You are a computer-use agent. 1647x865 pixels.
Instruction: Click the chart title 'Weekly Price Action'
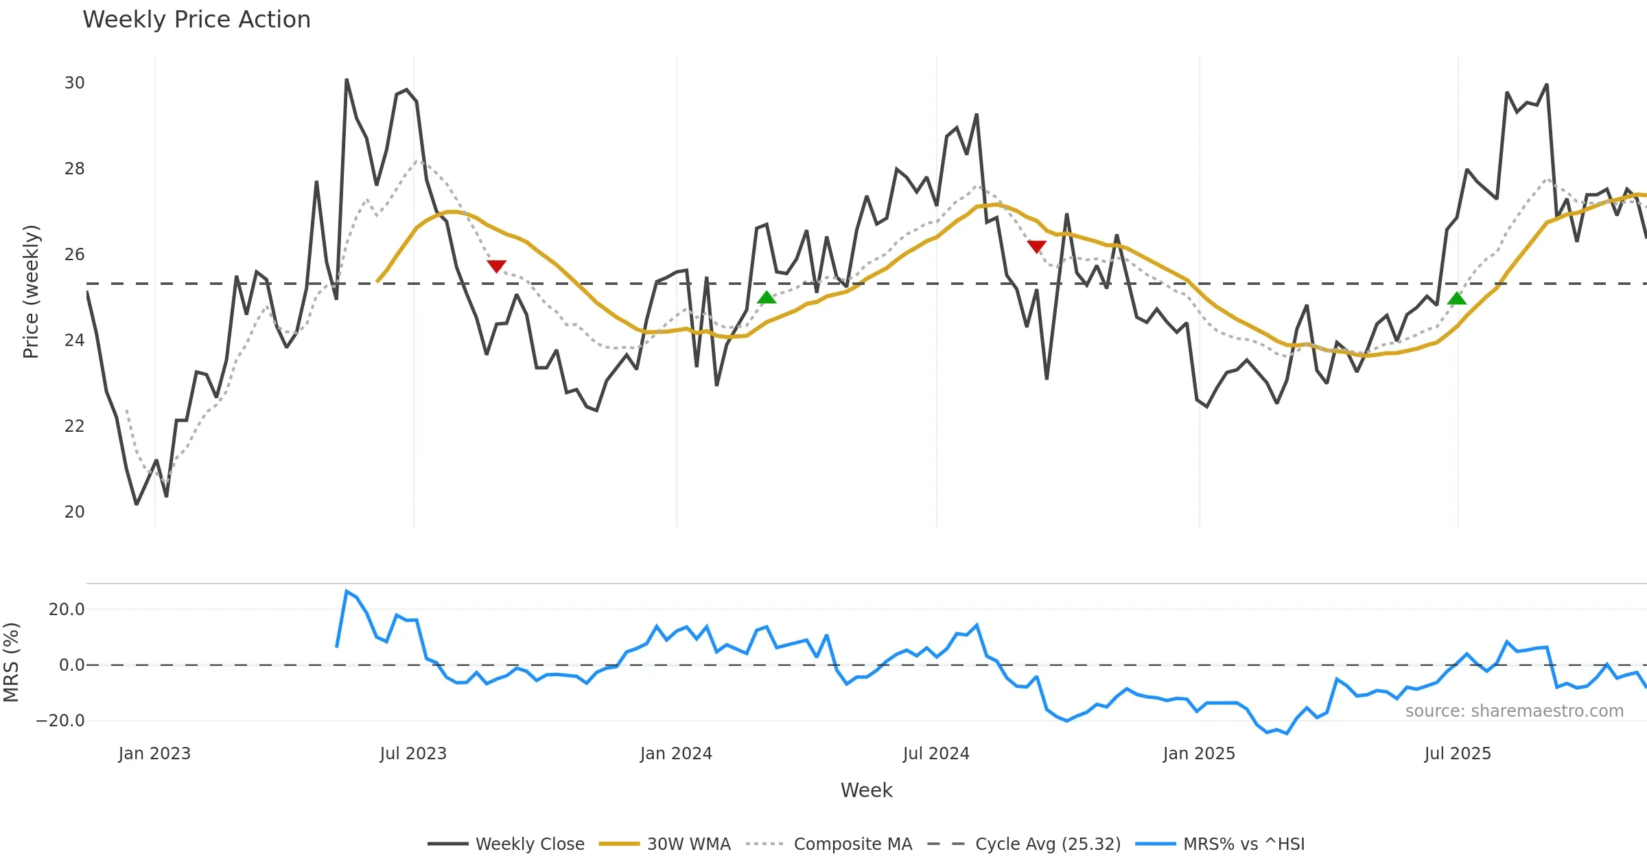pos(196,20)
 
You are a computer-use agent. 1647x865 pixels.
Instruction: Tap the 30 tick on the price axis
pos(74,83)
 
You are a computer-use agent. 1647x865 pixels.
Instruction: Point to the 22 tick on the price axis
pos(74,426)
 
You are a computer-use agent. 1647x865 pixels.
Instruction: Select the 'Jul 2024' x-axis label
pos(936,754)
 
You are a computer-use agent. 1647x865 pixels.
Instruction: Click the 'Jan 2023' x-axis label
pos(154,754)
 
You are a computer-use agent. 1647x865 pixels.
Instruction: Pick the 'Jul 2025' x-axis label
pos(1458,754)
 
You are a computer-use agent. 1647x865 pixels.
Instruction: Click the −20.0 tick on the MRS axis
pos(60,721)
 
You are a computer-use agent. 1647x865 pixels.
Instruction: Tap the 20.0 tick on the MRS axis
pos(66,610)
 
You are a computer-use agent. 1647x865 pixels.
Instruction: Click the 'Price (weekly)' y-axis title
pos(31,292)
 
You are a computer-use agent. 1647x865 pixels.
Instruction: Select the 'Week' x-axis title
pos(866,791)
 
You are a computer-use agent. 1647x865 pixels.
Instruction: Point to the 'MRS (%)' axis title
pos(12,662)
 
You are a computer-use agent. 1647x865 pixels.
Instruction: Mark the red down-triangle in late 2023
pos(496,266)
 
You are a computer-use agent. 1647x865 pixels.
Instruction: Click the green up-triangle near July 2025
pos(1456,299)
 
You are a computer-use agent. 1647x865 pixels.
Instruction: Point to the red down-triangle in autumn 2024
pos(1036,246)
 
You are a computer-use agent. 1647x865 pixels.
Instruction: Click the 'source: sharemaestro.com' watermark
pos(1514,711)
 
